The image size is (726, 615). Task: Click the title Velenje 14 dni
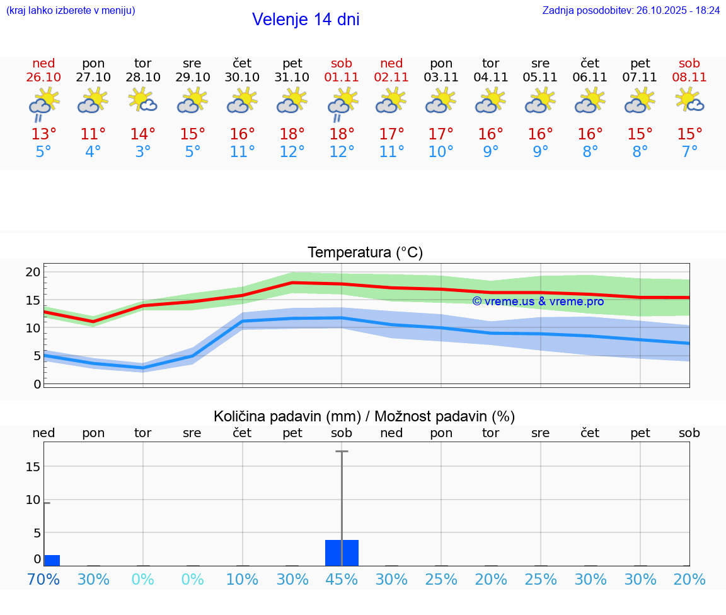pos(306,20)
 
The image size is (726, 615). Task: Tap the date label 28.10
pos(143,78)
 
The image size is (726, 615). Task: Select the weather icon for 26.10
pos(43,103)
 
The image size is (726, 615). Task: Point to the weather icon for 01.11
pos(342,103)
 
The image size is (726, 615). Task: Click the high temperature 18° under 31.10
pos(292,134)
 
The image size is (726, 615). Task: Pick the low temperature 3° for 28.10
pos(143,152)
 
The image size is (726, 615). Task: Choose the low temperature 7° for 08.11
pos(689,152)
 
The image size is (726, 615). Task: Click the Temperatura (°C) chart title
pos(365,253)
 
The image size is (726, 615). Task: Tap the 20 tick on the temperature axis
pos(33,272)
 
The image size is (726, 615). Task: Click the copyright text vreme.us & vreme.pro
pos(538,302)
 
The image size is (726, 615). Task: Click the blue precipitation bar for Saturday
pos(342,553)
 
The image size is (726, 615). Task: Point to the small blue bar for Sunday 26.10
pos(52,560)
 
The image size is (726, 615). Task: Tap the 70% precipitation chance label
pos(43,580)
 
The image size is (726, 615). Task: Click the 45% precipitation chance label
pos(342,580)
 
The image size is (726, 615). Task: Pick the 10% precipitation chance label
pos(242,580)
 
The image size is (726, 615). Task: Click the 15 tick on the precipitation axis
pos(33,467)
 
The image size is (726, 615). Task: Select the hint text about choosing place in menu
pos(71,11)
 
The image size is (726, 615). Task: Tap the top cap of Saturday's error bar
pos(342,452)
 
